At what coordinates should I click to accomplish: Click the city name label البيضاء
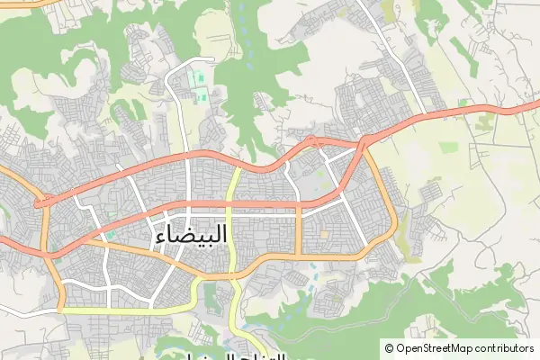coord(192,236)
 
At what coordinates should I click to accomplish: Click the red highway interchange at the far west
coord(40,204)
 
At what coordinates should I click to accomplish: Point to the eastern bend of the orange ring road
coord(393,220)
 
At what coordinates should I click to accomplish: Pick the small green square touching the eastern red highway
coord(462,103)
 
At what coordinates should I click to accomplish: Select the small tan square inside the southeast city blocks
coord(324,235)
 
